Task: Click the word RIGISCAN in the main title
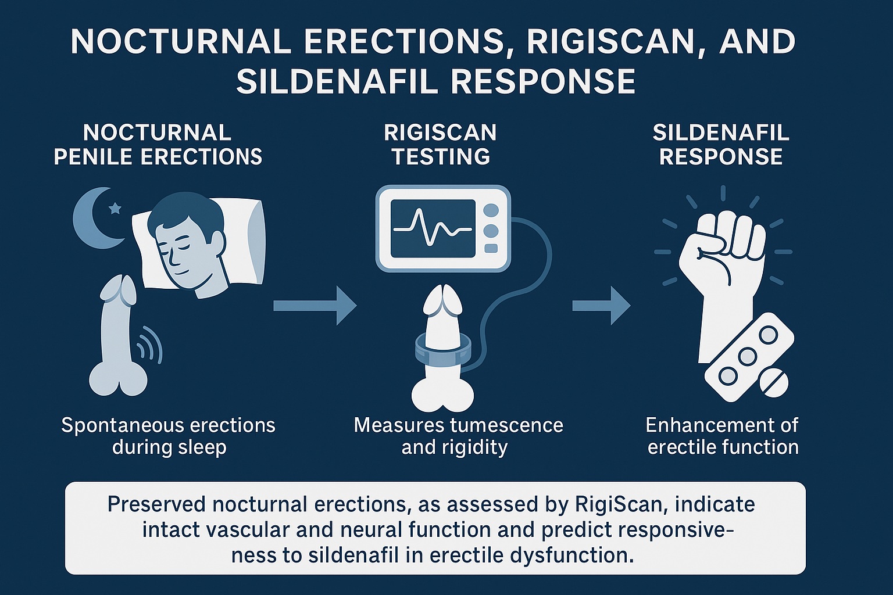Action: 612,42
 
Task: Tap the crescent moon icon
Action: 93,218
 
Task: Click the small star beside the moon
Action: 115,207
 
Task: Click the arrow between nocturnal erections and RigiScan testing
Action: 315,306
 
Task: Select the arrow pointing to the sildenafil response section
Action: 601,306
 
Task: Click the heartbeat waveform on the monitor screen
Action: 433,228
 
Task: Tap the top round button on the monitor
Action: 491,210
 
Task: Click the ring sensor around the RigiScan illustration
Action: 442,352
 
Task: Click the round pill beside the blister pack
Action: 772,383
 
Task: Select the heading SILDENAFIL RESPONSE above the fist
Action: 721,145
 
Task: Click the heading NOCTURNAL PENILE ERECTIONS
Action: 158,145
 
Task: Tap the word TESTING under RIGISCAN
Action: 441,157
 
